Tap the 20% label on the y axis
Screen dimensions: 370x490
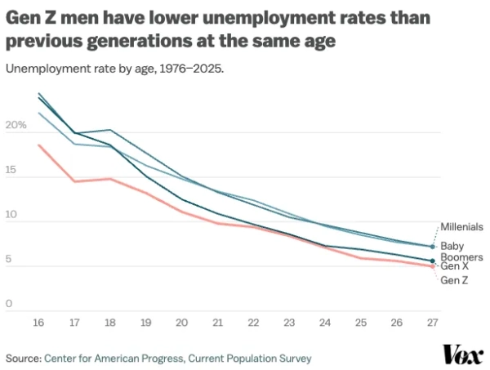(16, 125)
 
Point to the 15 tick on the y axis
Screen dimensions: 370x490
(11, 171)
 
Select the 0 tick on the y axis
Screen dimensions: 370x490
(10, 304)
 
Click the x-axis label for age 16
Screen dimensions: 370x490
(38, 323)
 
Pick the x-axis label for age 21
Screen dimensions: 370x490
(217, 323)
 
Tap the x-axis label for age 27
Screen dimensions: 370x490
(432, 323)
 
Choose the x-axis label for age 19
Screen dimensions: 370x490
(145, 323)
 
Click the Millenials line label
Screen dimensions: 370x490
(462, 226)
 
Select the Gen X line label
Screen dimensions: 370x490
(456, 266)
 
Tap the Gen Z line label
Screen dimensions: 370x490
(455, 281)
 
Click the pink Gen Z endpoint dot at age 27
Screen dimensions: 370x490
(433, 266)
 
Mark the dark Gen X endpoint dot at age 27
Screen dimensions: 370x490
(433, 261)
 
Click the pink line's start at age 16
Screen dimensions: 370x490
(38, 145)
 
